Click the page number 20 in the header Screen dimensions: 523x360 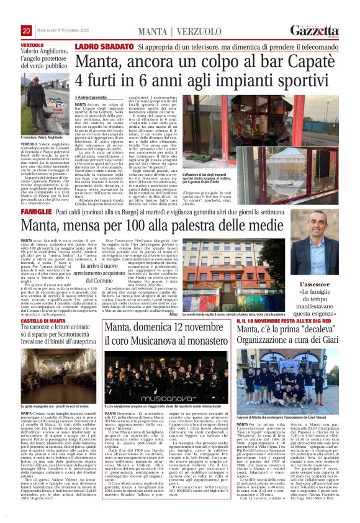click(27, 31)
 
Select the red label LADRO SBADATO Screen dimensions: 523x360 click(104, 47)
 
